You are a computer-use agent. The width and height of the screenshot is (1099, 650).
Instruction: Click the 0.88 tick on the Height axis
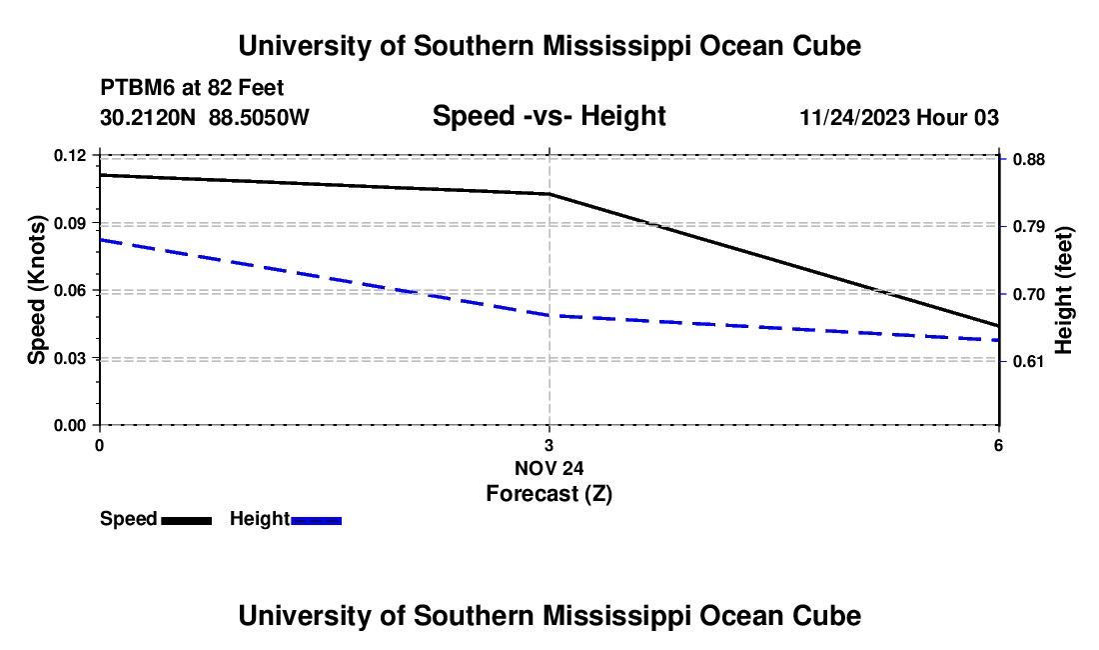1029,160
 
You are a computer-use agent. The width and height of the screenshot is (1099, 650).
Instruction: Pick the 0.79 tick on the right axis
1029,226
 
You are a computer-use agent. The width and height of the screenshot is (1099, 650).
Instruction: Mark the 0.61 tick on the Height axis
1029,362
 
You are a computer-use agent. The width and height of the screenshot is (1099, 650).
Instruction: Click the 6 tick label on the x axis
998,445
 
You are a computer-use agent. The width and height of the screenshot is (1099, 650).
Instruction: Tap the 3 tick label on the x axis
549,445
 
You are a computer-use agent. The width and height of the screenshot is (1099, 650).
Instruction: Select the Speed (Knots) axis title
36,290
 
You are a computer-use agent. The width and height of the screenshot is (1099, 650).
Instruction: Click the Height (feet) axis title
1063,290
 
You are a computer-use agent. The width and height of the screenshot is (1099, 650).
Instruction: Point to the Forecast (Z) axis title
549,494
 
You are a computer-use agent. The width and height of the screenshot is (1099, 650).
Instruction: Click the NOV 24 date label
549,468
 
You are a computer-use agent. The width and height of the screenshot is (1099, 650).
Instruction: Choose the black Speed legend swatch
187,521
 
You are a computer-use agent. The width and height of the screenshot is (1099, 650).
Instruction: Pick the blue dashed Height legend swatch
316,521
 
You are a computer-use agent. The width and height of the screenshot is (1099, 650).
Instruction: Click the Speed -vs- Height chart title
549,116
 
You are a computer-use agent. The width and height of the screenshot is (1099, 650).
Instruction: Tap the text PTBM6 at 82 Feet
192,88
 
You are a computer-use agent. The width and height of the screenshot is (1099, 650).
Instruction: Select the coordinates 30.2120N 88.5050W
205,117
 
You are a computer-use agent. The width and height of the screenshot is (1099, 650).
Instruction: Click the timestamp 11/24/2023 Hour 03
899,117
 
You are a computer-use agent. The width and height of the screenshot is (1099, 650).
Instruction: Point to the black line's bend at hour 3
549,194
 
